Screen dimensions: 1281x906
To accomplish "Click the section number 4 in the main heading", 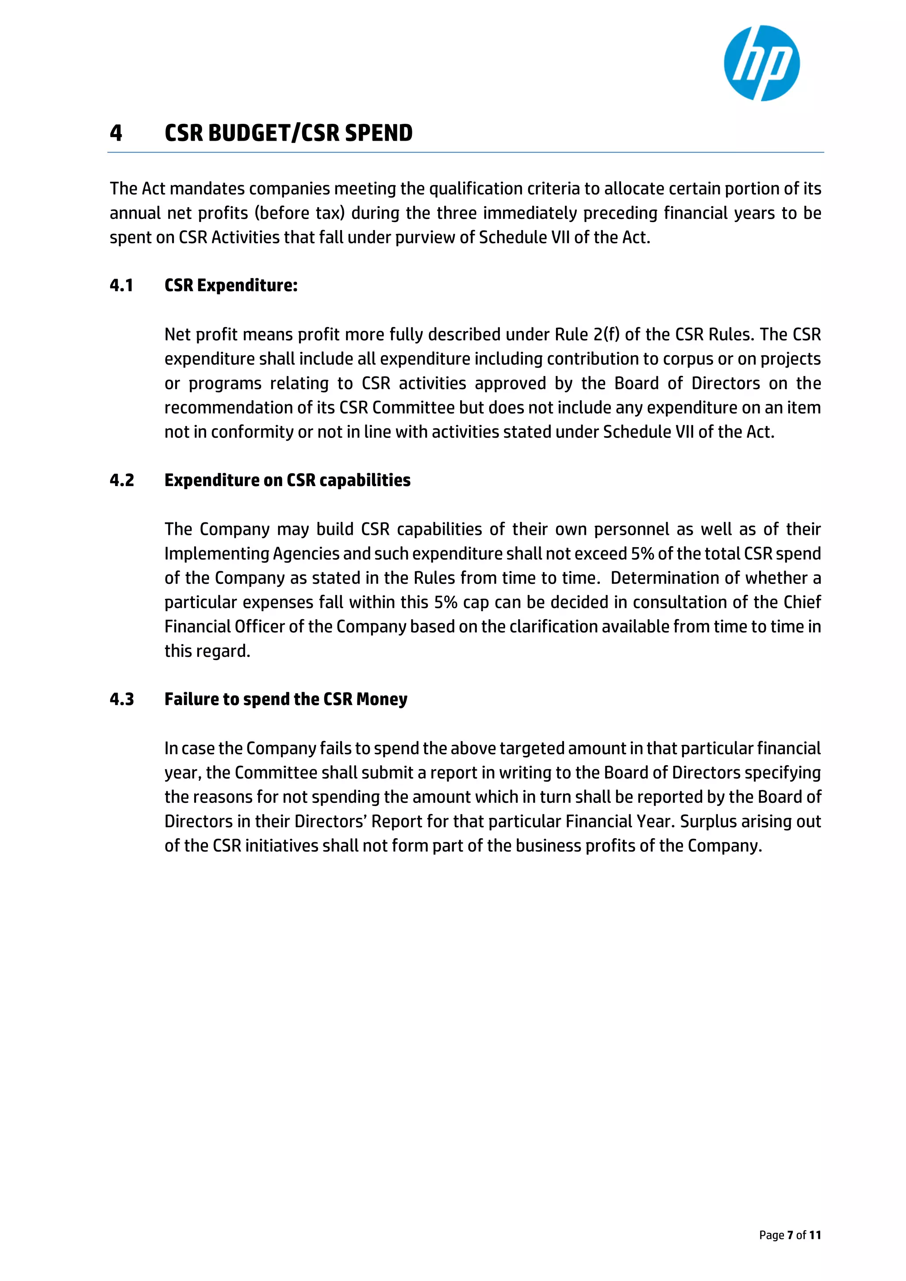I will coord(115,133).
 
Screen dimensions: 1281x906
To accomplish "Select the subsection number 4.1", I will coord(121,286).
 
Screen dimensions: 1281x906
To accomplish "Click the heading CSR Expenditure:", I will coord(231,286).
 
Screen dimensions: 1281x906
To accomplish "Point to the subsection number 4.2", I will coord(122,480).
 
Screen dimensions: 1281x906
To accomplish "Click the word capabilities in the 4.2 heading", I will coord(365,480).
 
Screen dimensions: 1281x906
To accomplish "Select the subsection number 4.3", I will coord(122,699).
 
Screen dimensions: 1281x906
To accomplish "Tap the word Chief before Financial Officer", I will coord(802,602).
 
